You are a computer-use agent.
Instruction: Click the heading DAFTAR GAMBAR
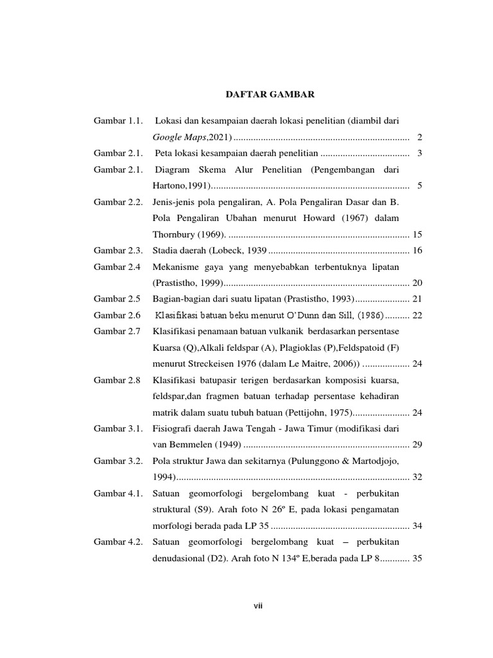tap(270, 94)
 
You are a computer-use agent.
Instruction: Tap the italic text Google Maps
tap(176, 138)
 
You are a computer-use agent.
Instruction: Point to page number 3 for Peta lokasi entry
tap(419, 154)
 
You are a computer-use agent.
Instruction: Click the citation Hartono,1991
tap(182, 186)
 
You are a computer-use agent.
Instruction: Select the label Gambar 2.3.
tap(117, 251)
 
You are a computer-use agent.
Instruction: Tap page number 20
tap(417, 283)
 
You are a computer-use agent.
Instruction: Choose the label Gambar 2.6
tap(116, 316)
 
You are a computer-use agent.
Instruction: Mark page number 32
tap(417, 477)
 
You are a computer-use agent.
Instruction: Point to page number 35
tap(417, 558)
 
